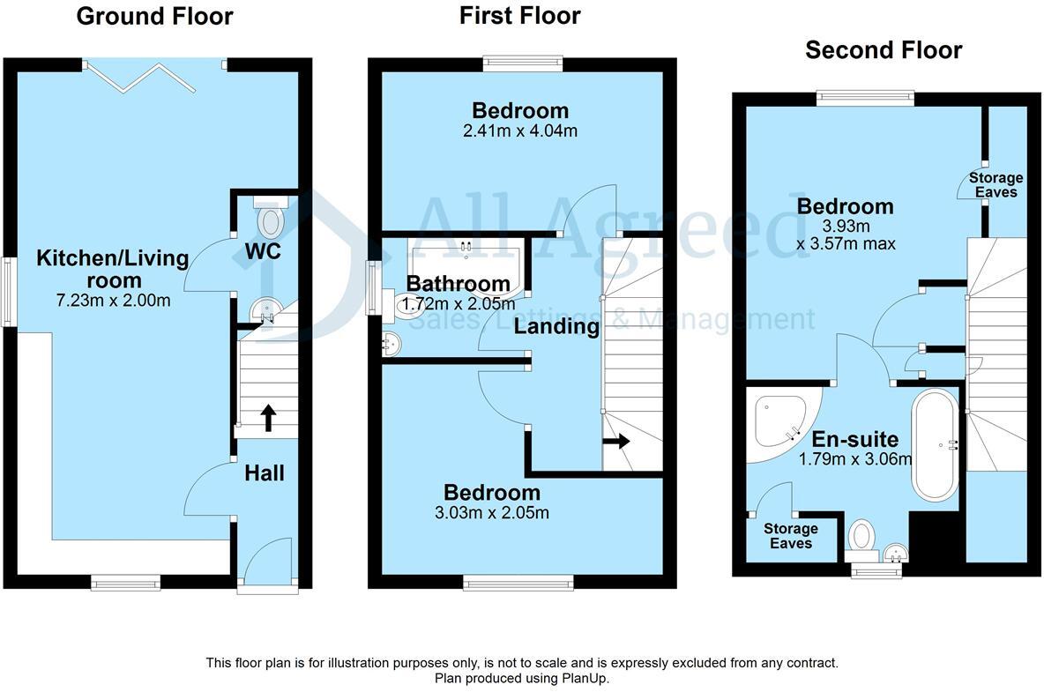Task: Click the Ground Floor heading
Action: [x=154, y=16]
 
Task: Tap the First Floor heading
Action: [x=519, y=15]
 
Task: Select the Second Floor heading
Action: [x=883, y=50]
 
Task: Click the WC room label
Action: [x=263, y=252]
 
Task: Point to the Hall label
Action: [x=265, y=473]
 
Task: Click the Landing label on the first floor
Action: [x=556, y=327]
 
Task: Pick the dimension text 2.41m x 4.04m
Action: [x=520, y=131]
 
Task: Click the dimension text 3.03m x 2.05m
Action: [x=492, y=513]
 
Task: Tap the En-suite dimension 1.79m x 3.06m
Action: [x=855, y=459]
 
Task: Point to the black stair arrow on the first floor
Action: [x=618, y=441]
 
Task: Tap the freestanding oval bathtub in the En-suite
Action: [x=936, y=444]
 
